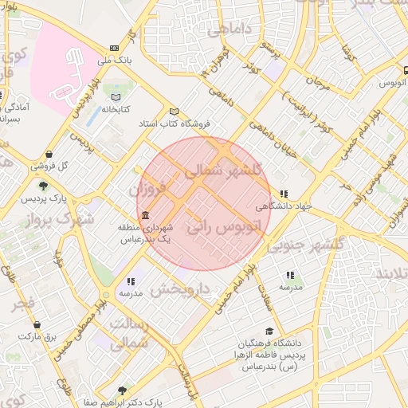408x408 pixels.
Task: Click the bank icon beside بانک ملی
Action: coord(114,49)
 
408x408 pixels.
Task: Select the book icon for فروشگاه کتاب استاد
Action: coord(175,112)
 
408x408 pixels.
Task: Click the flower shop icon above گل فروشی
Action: coord(49,155)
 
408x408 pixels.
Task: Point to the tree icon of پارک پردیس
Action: coord(42,185)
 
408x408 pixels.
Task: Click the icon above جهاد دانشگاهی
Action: coord(284,194)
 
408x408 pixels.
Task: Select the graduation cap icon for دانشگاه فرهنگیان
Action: coord(269,331)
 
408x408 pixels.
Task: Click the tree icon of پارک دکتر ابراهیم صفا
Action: coord(121,390)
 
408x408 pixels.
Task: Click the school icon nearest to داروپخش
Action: coord(131,281)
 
